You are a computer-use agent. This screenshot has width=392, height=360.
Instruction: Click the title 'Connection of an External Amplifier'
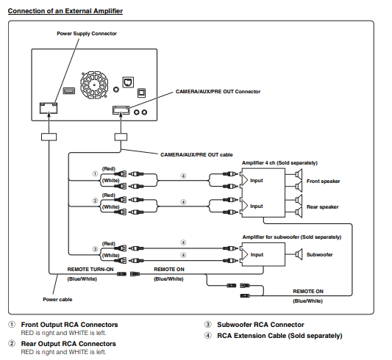pyautogui.click(x=65, y=11)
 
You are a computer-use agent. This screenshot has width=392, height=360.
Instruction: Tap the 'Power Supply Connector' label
pyautogui.click(x=87, y=34)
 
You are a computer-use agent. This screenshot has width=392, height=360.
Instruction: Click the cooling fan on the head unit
pyautogui.click(x=94, y=85)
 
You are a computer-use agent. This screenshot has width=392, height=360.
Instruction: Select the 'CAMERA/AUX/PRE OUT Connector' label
pyautogui.click(x=218, y=92)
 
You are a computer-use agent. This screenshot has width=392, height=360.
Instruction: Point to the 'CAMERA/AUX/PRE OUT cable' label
pyautogui.click(x=196, y=155)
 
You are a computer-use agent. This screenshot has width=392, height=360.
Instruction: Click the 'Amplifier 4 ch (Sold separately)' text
pyautogui.click(x=279, y=163)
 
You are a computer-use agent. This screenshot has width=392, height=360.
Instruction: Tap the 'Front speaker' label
pyautogui.click(x=324, y=181)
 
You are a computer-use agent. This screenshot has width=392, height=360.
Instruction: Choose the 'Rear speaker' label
pyautogui.click(x=323, y=207)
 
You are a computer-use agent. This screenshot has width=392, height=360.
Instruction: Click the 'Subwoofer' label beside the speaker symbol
pyautogui.click(x=319, y=255)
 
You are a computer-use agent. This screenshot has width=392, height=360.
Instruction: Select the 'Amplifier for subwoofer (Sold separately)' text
pyautogui.click(x=292, y=237)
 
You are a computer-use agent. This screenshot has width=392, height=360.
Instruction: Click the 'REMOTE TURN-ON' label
pyautogui.click(x=90, y=270)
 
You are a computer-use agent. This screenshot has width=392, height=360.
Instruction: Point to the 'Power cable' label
pyautogui.click(x=57, y=299)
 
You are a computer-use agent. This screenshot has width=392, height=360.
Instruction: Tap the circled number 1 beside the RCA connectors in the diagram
pyautogui.click(x=96, y=173)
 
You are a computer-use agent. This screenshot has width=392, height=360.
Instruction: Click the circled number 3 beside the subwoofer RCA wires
pyautogui.click(x=96, y=249)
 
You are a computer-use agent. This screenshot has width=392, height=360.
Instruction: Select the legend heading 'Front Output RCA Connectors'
pyautogui.click(x=69, y=325)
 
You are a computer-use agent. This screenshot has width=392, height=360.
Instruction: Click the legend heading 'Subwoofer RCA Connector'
pyautogui.click(x=260, y=325)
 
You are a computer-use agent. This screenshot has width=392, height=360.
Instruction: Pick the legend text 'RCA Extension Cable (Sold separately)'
pyautogui.click(x=279, y=336)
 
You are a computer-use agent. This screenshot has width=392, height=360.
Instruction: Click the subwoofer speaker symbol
pyautogui.click(x=299, y=254)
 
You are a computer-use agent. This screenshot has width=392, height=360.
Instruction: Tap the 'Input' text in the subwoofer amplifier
pyautogui.click(x=257, y=255)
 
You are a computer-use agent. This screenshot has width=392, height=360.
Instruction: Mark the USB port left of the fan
pyautogui.click(x=68, y=90)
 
